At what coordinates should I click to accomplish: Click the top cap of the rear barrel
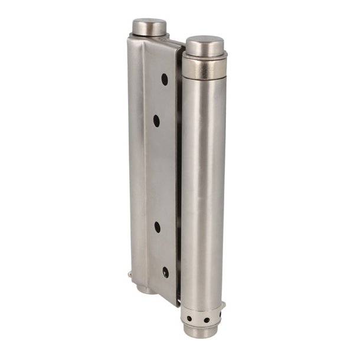pyautogui.click(x=149, y=27)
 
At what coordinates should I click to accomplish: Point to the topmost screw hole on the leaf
pyautogui.click(x=165, y=79)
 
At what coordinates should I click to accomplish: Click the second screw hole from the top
pyautogui.click(x=156, y=121)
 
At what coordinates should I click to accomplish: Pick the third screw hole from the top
pyautogui.click(x=158, y=226)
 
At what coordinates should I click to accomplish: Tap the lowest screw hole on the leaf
pyautogui.click(x=165, y=272)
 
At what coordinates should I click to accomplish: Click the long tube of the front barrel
pyautogui.click(x=202, y=189)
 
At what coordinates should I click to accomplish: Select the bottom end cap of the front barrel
pyautogui.click(x=201, y=331)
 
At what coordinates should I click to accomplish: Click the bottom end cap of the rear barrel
pyautogui.click(x=146, y=290)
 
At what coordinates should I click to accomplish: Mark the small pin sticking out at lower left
pyautogui.click(x=129, y=274)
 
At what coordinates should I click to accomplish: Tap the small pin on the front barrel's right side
pyautogui.click(x=224, y=305)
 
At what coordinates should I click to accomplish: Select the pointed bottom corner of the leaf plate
pyautogui.click(x=175, y=303)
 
